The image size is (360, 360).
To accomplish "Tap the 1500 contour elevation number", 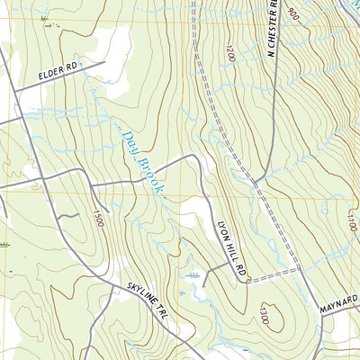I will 98,217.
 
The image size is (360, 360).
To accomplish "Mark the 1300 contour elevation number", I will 263,314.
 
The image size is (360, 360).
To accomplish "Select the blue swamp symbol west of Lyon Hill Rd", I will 192,274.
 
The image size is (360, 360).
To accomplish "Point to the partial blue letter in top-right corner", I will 354,4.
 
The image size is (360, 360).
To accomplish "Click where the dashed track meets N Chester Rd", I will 255,183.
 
